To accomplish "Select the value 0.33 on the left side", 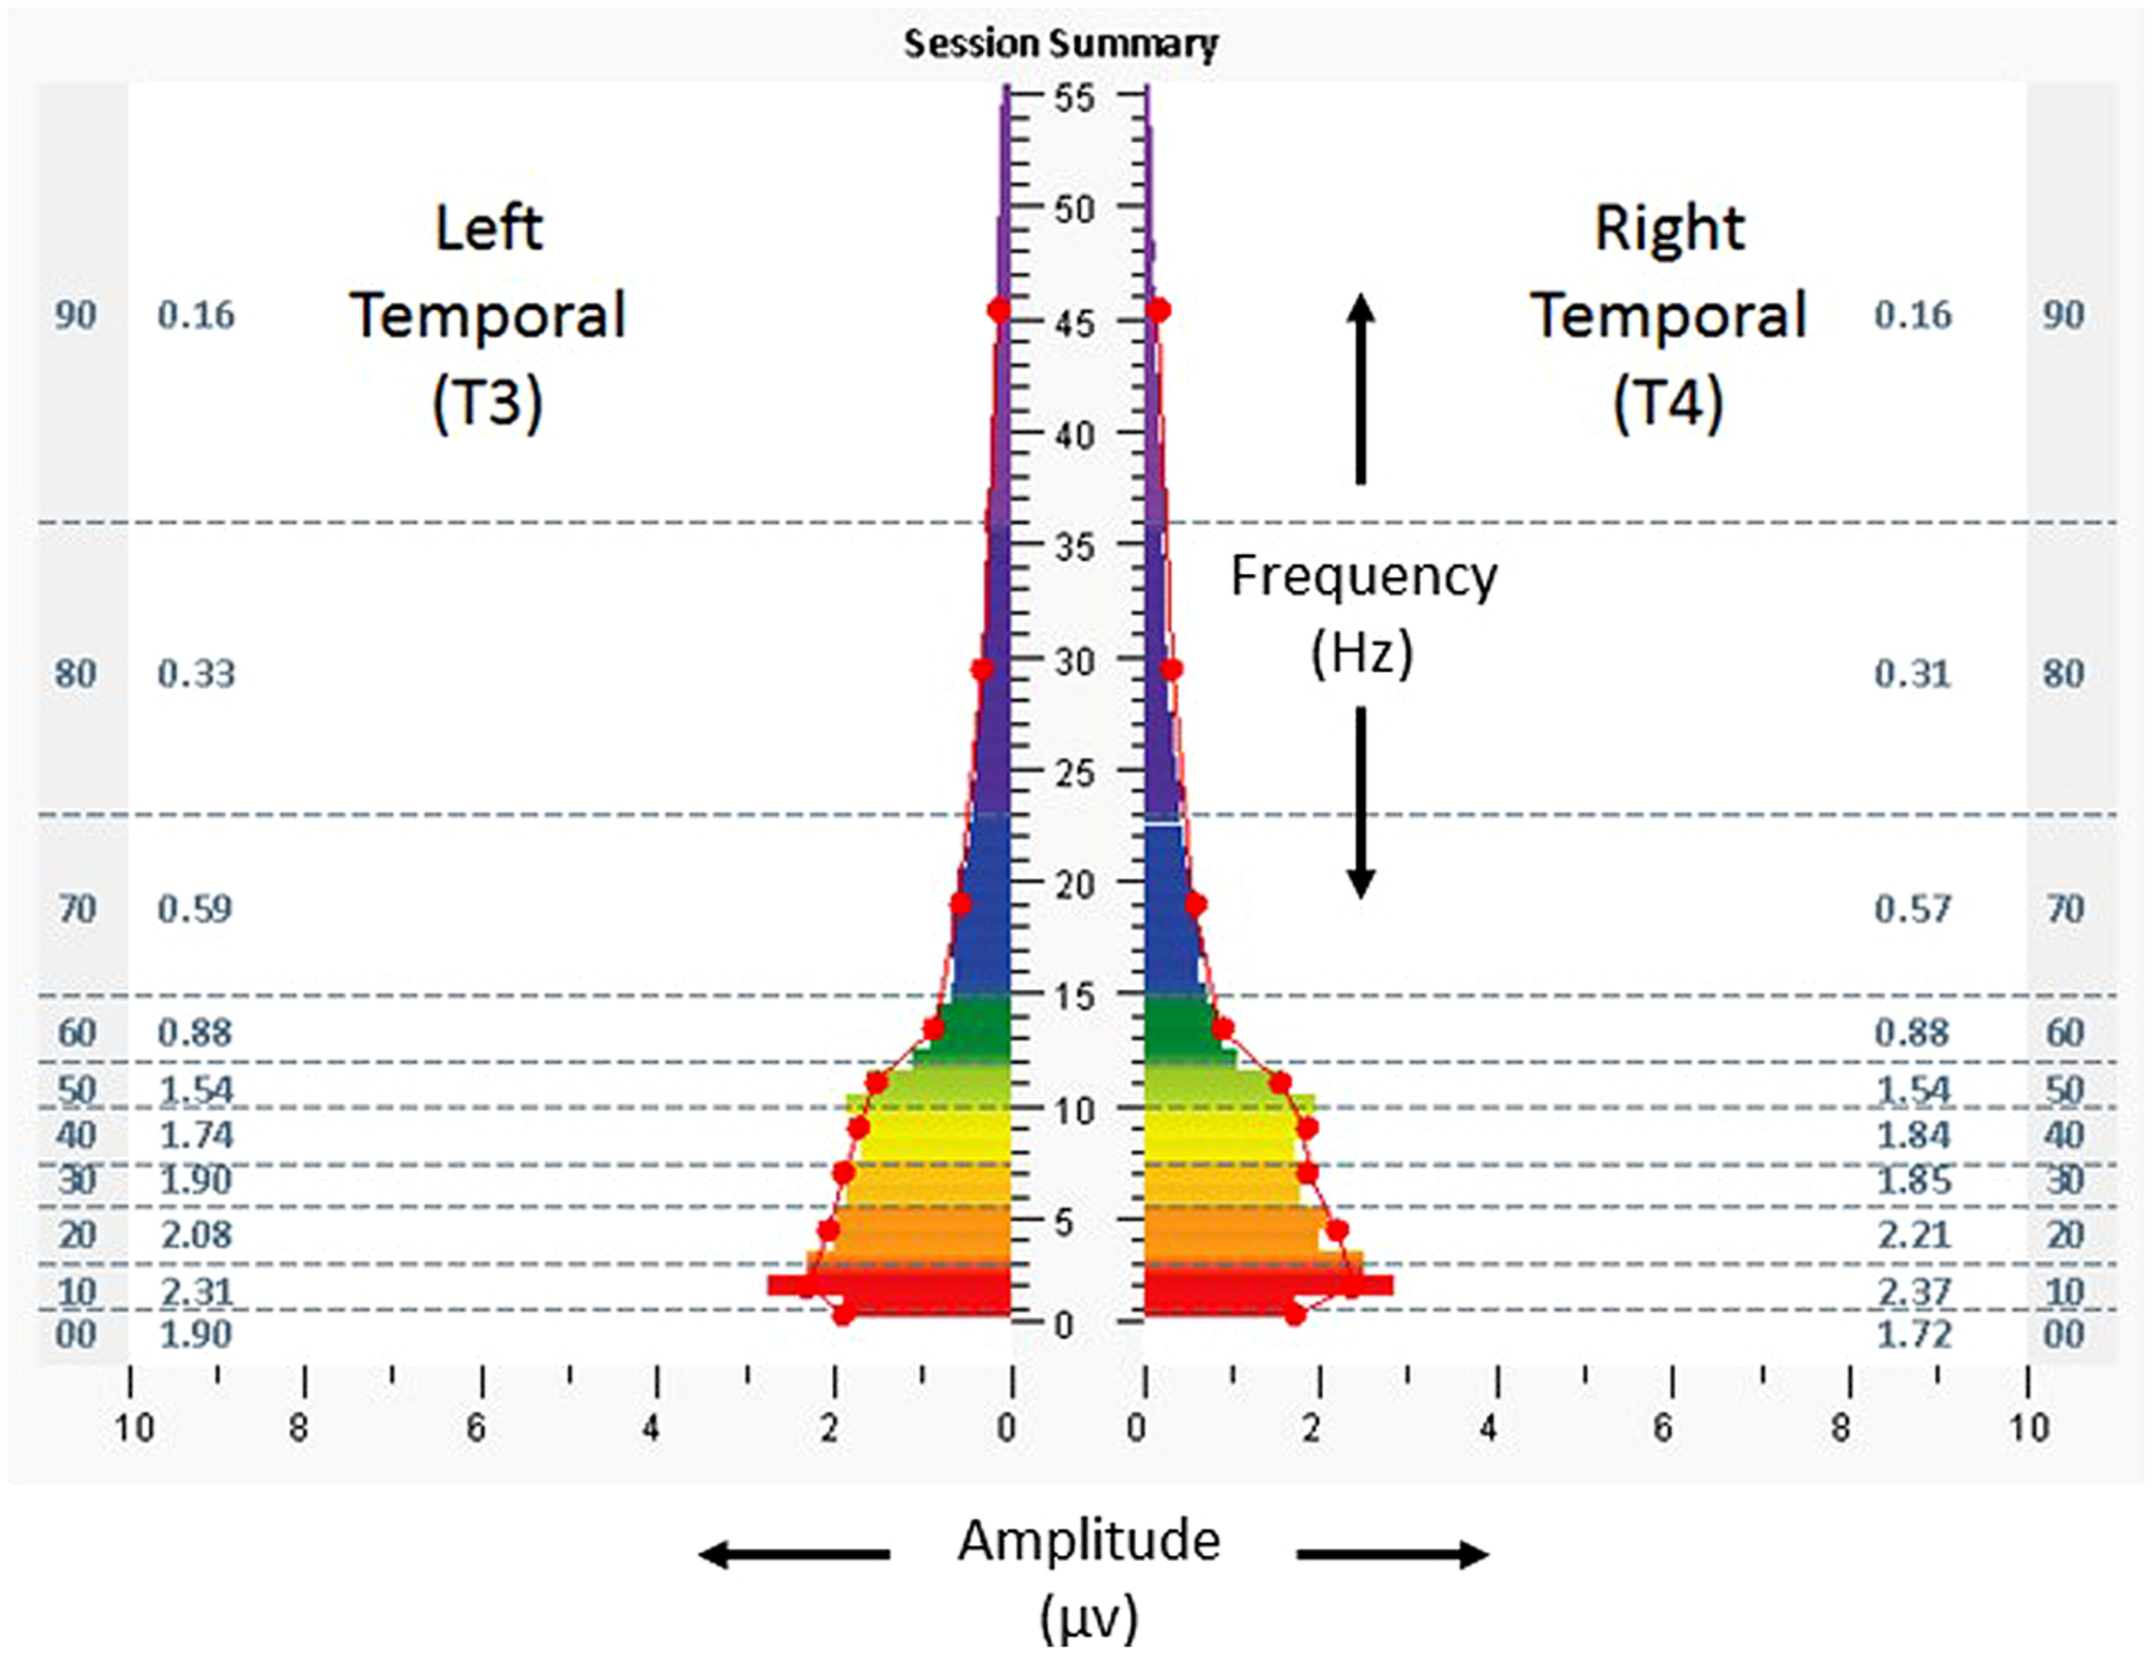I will tap(196, 674).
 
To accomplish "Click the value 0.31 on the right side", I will tap(1912, 674).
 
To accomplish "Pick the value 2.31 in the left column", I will tap(196, 1290).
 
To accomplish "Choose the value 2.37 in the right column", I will tap(1914, 1290).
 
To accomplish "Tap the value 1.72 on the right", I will tap(1914, 1335).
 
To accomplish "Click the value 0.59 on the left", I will tap(195, 908).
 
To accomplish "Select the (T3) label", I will tap(488, 402).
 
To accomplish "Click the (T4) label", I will tap(1668, 402).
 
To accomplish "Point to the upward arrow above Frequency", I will tap(1361, 388).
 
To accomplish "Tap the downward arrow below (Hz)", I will tap(1361, 803).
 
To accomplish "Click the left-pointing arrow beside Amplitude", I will tap(793, 1554).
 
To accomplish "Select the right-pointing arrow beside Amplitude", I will tap(1392, 1554).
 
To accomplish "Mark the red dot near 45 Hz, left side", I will tap(999, 311).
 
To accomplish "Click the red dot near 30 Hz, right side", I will tap(1171, 670).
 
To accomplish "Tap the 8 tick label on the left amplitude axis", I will tap(300, 1429).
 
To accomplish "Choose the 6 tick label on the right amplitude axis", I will tap(1663, 1429).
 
